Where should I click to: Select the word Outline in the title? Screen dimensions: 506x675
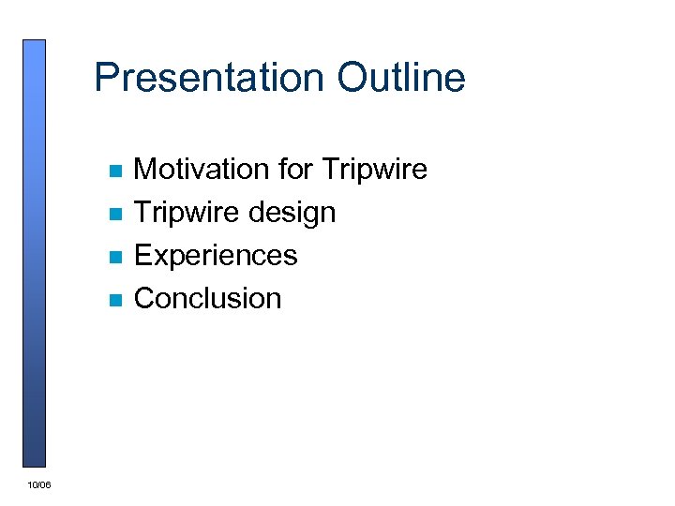pyautogui.click(x=400, y=78)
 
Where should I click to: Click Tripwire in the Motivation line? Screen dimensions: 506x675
pyautogui.click(x=374, y=170)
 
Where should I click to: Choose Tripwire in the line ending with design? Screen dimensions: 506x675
pyautogui.click(x=187, y=213)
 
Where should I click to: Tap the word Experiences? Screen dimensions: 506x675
pyautogui.click(x=216, y=256)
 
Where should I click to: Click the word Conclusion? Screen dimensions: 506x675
pyautogui.click(x=207, y=299)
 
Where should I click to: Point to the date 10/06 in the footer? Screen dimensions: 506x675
pyautogui.click(x=39, y=484)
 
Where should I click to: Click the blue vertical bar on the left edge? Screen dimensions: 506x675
pyautogui.click(x=34, y=253)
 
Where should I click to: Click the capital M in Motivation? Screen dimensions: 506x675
pyautogui.click(x=146, y=170)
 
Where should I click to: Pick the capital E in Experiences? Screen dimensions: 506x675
pyautogui.click(x=143, y=256)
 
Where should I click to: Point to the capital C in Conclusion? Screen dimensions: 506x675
pyautogui.click(x=145, y=299)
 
